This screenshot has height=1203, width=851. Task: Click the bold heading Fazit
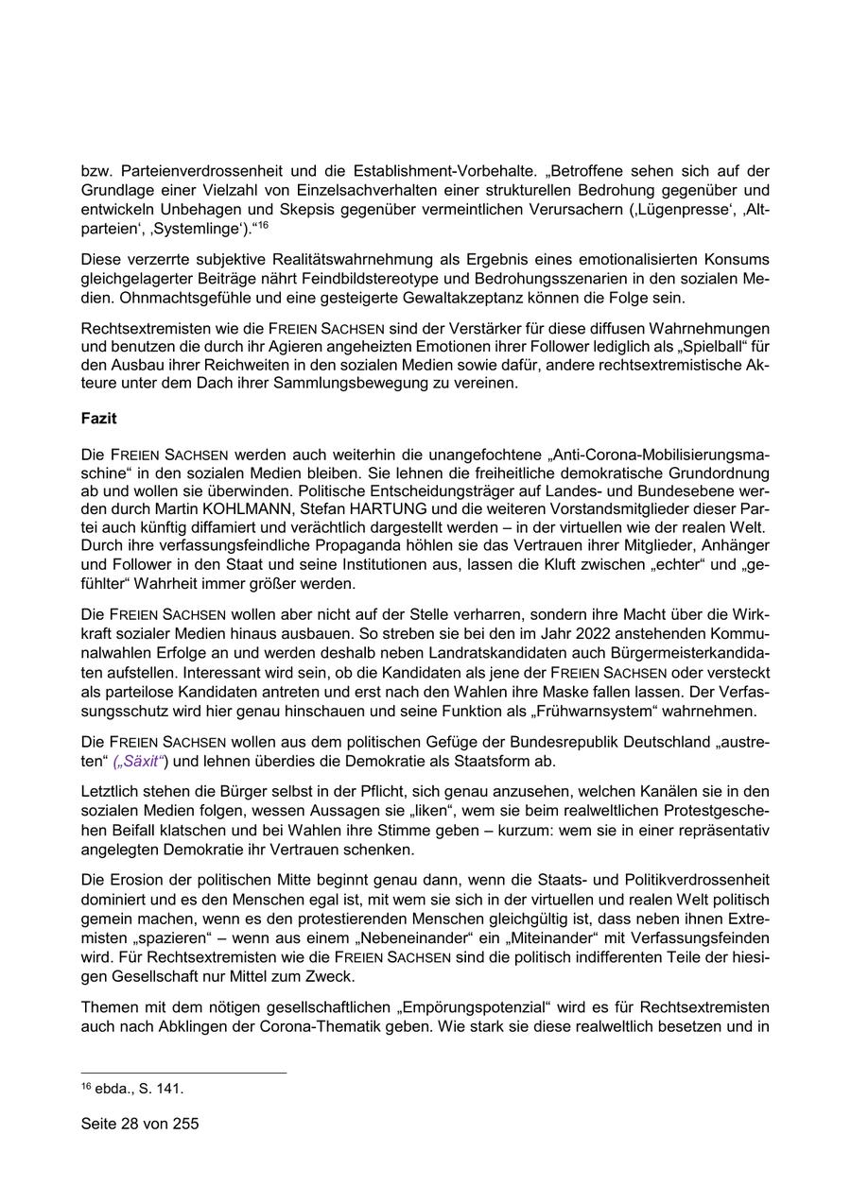[x=99, y=419]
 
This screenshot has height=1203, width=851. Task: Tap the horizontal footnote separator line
[x=183, y=1073]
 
